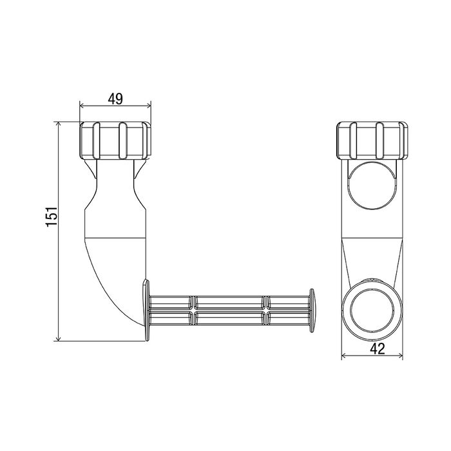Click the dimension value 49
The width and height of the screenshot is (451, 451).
pos(115,99)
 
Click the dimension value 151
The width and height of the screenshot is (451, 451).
pos(52,216)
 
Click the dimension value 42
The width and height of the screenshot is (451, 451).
pos(377,349)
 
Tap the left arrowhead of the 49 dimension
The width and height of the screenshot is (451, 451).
pos(82,106)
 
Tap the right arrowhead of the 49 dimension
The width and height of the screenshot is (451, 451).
pos(148,106)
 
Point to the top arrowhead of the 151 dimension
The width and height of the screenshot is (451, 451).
pos(59,124)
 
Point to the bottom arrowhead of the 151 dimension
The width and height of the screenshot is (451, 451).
pos(59,338)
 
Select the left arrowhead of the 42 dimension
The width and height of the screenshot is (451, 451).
pos(344,356)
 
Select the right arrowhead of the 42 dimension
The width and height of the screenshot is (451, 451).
pos(400,356)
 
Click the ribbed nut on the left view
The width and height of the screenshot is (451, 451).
pos(115,140)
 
